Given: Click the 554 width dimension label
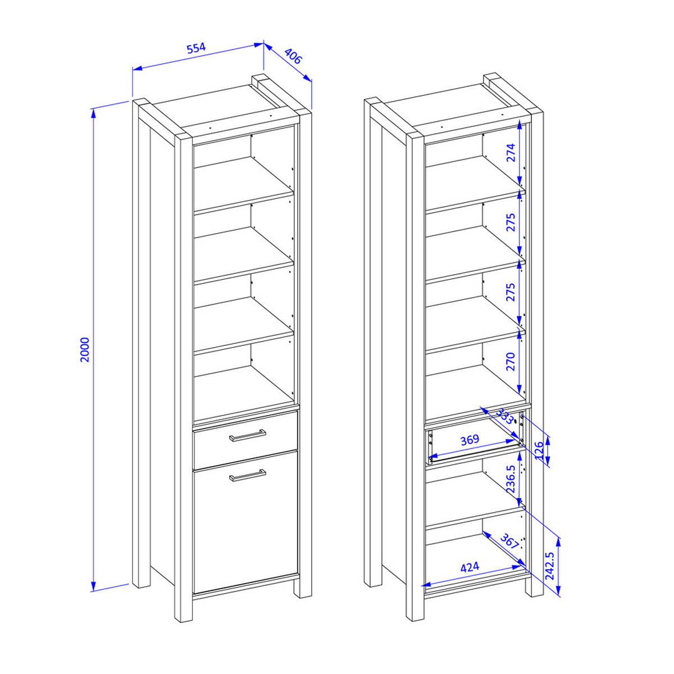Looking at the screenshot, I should click(x=196, y=48).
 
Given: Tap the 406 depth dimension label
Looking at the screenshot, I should click(x=293, y=57).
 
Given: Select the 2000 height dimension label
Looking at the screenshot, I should click(x=84, y=349).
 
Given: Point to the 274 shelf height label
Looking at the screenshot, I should click(x=511, y=153).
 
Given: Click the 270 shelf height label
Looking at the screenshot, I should click(x=511, y=363).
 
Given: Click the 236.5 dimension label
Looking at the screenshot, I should click(x=511, y=479).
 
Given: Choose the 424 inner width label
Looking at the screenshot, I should click(x=470, y=567).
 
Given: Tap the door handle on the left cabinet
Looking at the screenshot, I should click(x=247, y=475).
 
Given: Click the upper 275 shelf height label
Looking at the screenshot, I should click(x=511, y=223).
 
